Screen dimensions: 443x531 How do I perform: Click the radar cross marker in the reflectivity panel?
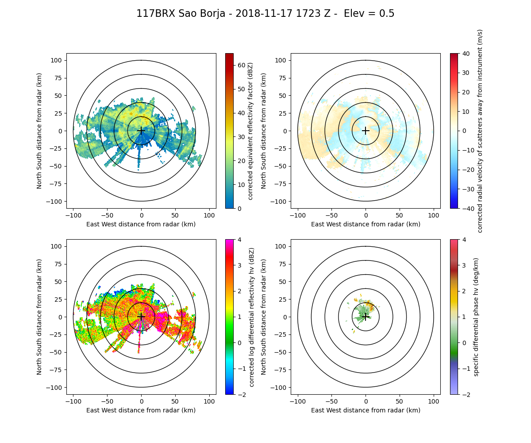click(x=141, y=131)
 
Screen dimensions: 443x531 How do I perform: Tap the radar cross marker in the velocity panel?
click(x=366, y=131)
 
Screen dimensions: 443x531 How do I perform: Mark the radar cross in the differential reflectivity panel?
click(x=141, y=317)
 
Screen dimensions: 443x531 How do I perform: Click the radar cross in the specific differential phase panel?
click(x=366, y=317)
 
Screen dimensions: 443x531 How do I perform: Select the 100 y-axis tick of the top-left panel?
click(x=58, y=60)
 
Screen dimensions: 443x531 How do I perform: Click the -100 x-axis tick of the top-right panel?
click(x=298, y=215)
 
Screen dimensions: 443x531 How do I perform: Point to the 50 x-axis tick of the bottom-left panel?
click(x=175, y=401)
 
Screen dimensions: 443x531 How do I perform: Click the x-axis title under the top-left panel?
click(x=141, y=224)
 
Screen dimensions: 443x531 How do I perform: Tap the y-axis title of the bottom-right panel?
click(x=264, y=317)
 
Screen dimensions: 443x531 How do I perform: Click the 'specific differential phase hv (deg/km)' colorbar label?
click(x=477, y=317)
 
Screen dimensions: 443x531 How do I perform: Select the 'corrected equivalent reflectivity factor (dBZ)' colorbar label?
click(x=250, y=131)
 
